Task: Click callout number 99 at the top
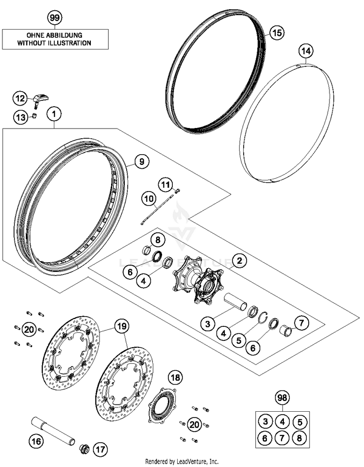coord(55,18)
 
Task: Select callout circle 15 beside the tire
coord(276,33)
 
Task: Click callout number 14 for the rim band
coord(306,50)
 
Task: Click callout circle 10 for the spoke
coord(149,198)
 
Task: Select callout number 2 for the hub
coord(239,262)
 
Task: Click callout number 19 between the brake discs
coord(121,326)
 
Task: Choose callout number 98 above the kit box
coord(281,399)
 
